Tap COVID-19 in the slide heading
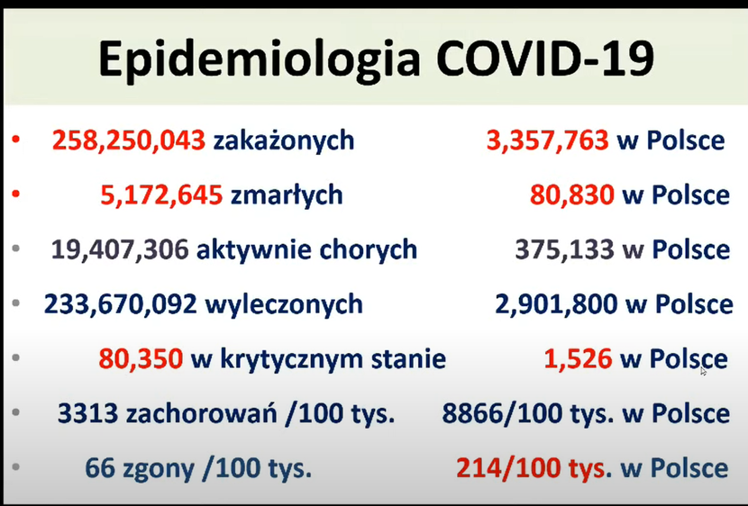pyautogui.click(x=545, y=59)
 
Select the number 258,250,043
pyautogui.click(x=129, y=141)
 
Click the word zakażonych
pyautogui.click(x=284, y=141)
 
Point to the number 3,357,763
pyautogui.click(x=548, y=141)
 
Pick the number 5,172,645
pyautogui.click(x=161, y=195)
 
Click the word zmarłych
pyautogui.click(x=287, y=195)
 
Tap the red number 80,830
pyautogui.click(x=572, y=195)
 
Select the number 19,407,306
pyautogui.click(x=120, y=250)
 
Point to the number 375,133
pyautogui.click(x=564, y=250)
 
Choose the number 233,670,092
pyautogui.click(x=120, y=304)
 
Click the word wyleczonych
pyautogui.click(x=284, y=304)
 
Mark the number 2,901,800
pyautogui.click(x=556, y=304)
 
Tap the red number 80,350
pyautogui.click(x=141, y=359)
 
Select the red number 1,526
pyautogui.click(x=579, y=359)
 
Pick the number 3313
pyautogui.click(x=87, y=413)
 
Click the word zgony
pyautogui.click(x=159, y=469)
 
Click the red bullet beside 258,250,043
pyautogui.click(x=15, y=140)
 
